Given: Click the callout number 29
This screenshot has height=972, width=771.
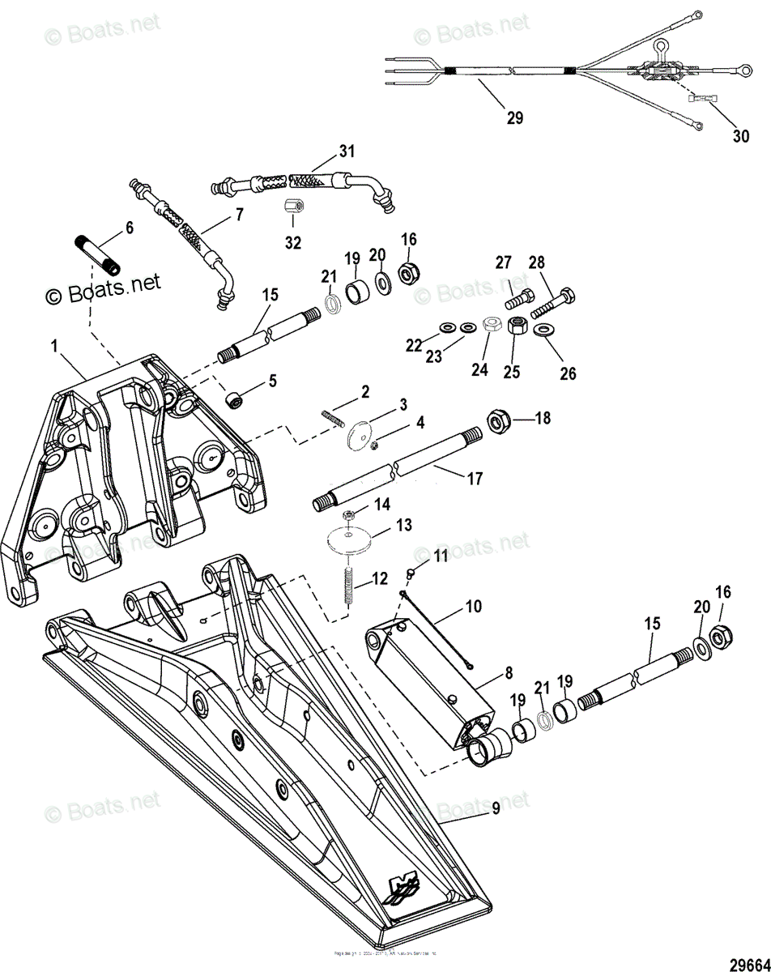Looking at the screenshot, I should (x=514, y=117).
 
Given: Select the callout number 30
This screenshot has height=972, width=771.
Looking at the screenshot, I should (x=741, y=136).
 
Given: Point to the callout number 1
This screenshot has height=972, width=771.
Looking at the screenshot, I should (x=54, y=346).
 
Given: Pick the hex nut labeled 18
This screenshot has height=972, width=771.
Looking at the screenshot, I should (x=496, y=420).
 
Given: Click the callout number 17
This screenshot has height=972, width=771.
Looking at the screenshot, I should (x=475, y=479).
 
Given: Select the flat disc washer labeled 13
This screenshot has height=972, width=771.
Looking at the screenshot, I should (x=349, y=540).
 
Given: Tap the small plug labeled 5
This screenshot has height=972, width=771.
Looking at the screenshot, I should (x=235, y=399).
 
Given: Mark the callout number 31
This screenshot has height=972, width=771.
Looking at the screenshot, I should (x=347, y=151).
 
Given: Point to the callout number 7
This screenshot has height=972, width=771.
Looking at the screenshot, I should (x=240, y=214).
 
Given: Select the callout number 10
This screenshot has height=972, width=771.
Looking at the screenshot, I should (x=473, y=605).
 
